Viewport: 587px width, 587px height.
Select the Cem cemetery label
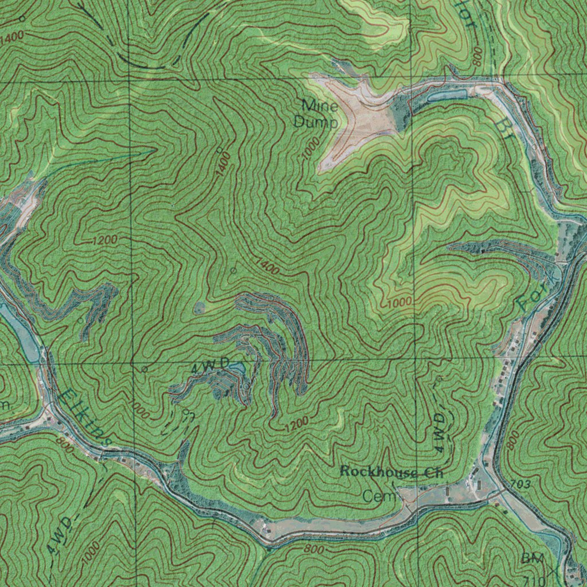(378, 496)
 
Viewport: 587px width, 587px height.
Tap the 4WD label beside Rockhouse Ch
(439, 433)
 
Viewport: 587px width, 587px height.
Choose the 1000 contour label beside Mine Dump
(310, 149)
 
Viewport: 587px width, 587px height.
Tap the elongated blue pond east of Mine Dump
(447, 95)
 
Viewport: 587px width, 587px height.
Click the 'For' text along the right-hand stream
(530, 295)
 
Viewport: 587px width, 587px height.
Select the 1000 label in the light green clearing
(400, 302)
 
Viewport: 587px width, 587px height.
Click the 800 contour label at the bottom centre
(314, 549)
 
